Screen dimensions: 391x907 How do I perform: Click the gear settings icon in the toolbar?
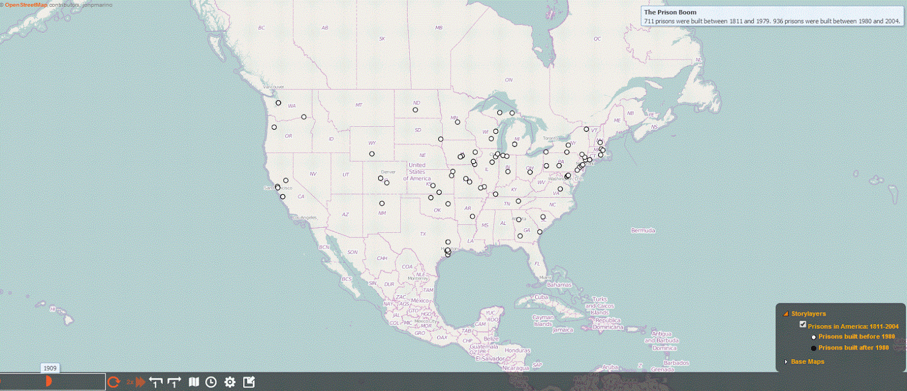tap(230, 382)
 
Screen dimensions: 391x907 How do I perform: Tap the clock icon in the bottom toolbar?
tap(211, 382)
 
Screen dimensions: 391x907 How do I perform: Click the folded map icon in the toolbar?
tap(194, 382)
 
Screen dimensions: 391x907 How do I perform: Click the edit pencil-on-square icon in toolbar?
tap(249, 382)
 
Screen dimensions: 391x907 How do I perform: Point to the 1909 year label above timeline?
tap(50, 368)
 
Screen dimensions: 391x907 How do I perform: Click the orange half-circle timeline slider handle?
tap(49, 381)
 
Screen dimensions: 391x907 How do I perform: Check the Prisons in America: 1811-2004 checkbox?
tap(803, 324)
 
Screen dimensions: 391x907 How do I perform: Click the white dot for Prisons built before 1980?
tap(814, 337)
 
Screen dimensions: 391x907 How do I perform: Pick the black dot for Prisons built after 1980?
tap(814, 348)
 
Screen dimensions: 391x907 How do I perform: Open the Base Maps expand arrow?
tap(786, 362)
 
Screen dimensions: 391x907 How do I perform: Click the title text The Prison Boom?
tap(670, 12)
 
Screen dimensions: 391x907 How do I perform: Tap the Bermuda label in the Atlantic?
tap(643, 231)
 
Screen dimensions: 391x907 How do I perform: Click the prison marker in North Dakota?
tap(416, 110)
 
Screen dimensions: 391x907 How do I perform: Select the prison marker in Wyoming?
tap(372, 154)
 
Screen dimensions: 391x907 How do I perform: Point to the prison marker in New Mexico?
tap(382, 203)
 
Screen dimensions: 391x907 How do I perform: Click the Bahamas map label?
tap(560, 285)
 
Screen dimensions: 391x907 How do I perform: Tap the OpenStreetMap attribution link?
tap(26, 5)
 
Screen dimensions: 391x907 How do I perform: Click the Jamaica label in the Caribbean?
tap(563, 330)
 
